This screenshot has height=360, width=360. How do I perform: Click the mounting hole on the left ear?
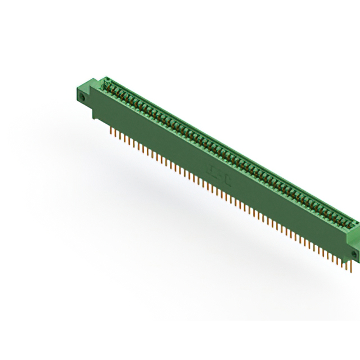tap(82, 97)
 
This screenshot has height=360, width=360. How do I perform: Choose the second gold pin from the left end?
tap(114, 133)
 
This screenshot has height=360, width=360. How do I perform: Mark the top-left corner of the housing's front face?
tap(92, 90)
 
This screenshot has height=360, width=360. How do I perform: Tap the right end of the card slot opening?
tap(351, 223)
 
